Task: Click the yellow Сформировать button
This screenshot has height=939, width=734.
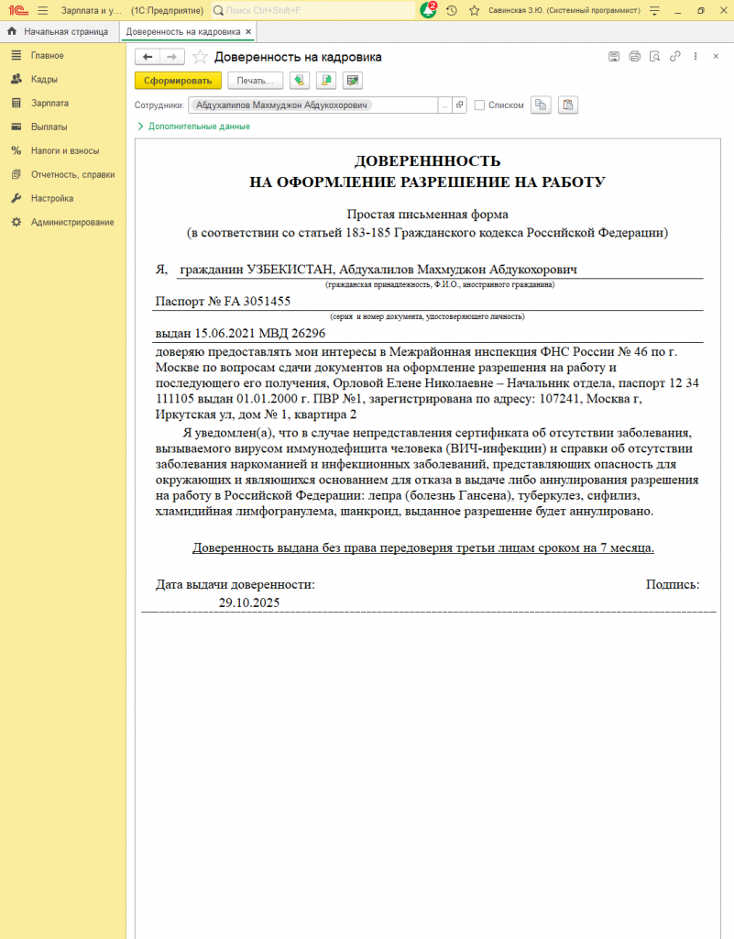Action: point(178,81)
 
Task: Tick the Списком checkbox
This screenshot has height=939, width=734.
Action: point(479,105)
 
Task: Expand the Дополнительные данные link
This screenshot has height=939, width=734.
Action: point(193,127)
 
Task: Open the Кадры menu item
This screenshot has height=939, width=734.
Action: point(45,80)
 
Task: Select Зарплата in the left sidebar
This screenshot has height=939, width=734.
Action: point(49,104)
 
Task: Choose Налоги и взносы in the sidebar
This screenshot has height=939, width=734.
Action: point(64,150)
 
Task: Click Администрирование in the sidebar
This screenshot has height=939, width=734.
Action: point(72,222)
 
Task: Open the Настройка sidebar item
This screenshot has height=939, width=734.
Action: point(52,198)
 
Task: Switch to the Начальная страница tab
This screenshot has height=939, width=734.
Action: point(65,31)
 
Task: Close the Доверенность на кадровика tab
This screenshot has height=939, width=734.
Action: point(248,31)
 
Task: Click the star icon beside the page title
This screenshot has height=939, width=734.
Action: point(200,57)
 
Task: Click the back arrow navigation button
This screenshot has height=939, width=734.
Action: point(148,57)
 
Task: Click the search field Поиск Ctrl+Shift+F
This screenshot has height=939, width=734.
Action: point(316,10)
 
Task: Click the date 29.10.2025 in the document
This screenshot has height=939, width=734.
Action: point(249,602)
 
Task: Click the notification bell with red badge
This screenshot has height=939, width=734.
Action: point(428,10)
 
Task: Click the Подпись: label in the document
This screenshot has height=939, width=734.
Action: point(672,584)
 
